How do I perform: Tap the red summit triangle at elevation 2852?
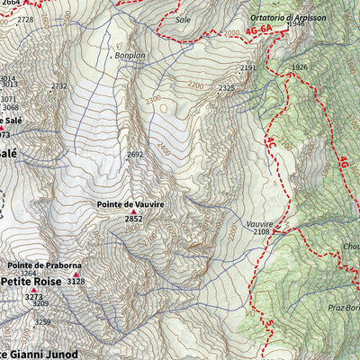point(134,212)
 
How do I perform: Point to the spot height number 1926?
point(300,67)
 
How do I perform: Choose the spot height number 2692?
point(135,155)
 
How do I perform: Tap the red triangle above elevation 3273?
point(34,289)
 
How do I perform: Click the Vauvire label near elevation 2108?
point(257,223)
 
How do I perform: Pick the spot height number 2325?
point(226,88)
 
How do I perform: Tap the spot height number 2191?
point(248,68)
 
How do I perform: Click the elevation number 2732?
point(59,86)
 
